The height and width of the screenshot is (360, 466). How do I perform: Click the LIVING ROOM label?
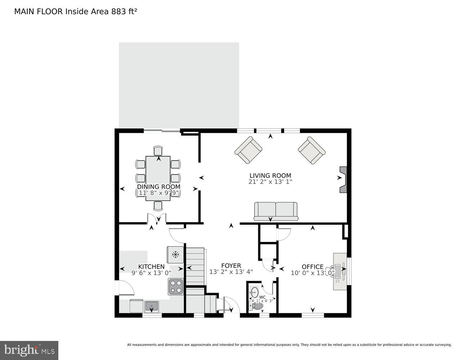coord(270,176)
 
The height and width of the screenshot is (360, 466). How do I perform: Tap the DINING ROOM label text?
coord(158,187)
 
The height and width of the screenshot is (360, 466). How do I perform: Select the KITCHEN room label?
coord(151,267)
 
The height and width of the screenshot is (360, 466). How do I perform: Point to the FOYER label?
coord(231,266)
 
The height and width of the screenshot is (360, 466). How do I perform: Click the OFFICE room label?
coord(312,267)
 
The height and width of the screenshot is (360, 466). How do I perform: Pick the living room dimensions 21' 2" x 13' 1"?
coord(270,182)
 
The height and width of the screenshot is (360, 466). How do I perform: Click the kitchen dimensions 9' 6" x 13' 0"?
coord(151,273)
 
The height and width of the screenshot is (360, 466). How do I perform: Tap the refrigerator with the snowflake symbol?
coord(175,255)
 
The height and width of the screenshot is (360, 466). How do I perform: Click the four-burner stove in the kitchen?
coord(176,287)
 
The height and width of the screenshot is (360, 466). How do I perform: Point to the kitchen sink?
coord(152,306)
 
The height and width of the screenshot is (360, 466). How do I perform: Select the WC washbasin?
coord(255,291)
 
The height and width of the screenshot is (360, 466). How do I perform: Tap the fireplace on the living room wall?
coord(344,179)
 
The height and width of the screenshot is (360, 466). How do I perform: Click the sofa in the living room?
coord(276,211)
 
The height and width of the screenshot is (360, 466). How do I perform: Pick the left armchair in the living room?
coord(248,150)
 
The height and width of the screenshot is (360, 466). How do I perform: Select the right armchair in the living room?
coord(312,150)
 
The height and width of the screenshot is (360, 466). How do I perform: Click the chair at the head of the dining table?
coord(158,150)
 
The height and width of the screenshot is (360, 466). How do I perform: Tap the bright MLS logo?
coord(29,350)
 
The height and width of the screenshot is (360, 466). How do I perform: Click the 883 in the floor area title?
coord(115,12)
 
